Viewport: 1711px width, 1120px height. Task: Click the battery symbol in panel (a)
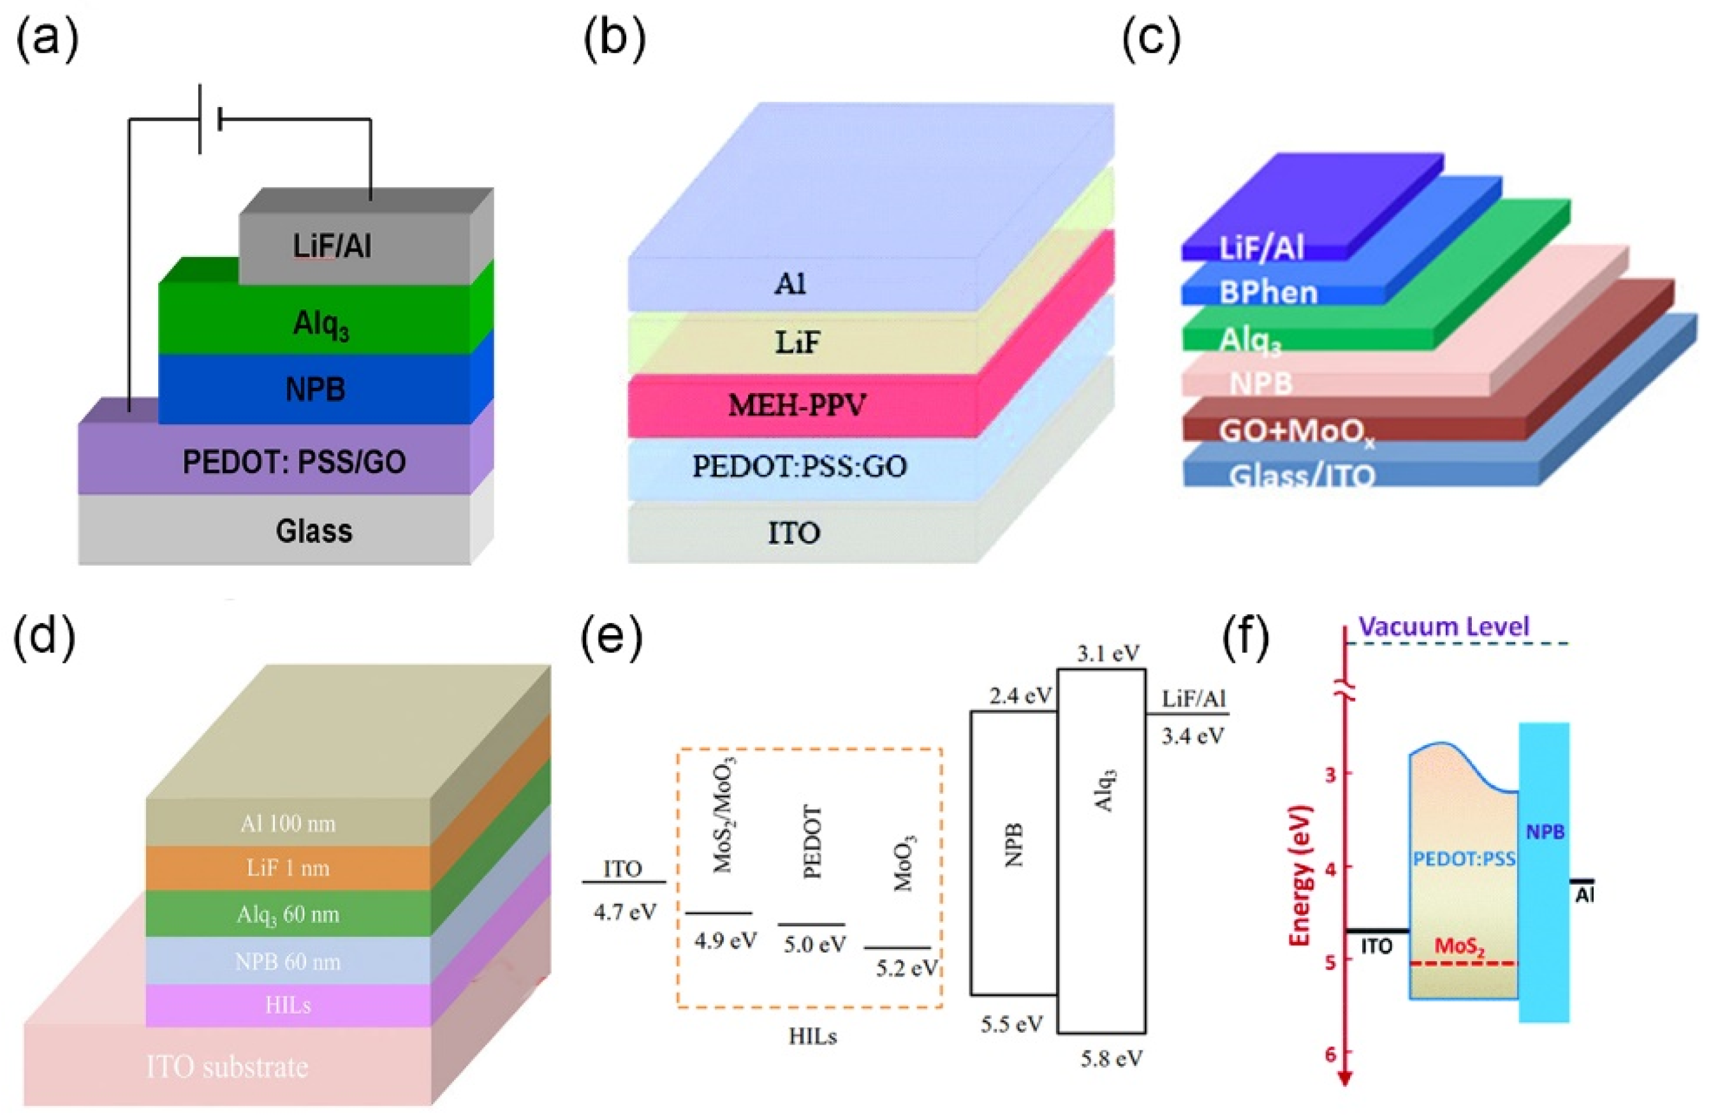click(x=209, y=119)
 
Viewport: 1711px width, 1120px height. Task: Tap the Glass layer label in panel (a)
click(x=314, y=531)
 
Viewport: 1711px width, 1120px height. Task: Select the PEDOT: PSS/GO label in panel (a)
click(x=294, y=462)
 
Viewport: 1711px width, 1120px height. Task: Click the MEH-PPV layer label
click(x=797, y=406)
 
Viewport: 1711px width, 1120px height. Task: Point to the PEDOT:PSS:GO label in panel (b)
click(x=798, y=466)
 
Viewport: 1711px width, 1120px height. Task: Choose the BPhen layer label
click(x=1268, y=293)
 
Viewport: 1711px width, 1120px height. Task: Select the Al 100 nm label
click(x=288, y=823)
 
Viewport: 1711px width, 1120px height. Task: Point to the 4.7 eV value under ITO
click(x=625, y=912)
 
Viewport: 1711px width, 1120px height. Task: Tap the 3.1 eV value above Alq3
click(x=1108, y=654)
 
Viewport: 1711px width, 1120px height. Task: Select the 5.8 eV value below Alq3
click(x=1112, y=1057)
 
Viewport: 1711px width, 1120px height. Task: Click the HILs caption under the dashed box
click(x=812, y=1036)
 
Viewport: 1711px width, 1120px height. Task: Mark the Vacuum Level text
click(x=1444, y=627)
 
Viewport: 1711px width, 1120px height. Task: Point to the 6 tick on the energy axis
click(x=1327, y=1054)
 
